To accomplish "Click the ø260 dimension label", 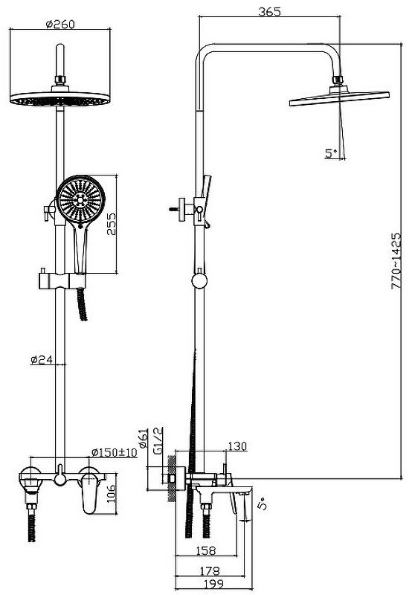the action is (x=60, y=25).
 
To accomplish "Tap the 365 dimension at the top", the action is (x=270, y=12).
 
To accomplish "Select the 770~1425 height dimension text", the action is (x=396, y=261).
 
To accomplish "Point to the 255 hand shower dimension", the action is (x=111, y=224).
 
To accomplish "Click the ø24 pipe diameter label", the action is (x=42, y=359).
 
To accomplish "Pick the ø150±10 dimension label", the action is (x=115, y=452).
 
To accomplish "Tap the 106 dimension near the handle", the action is (x=111, y=494).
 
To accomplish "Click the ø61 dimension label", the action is (x=143, y=438).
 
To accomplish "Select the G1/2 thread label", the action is (x=158, y=440).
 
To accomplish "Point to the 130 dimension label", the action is (x=237, y=446).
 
